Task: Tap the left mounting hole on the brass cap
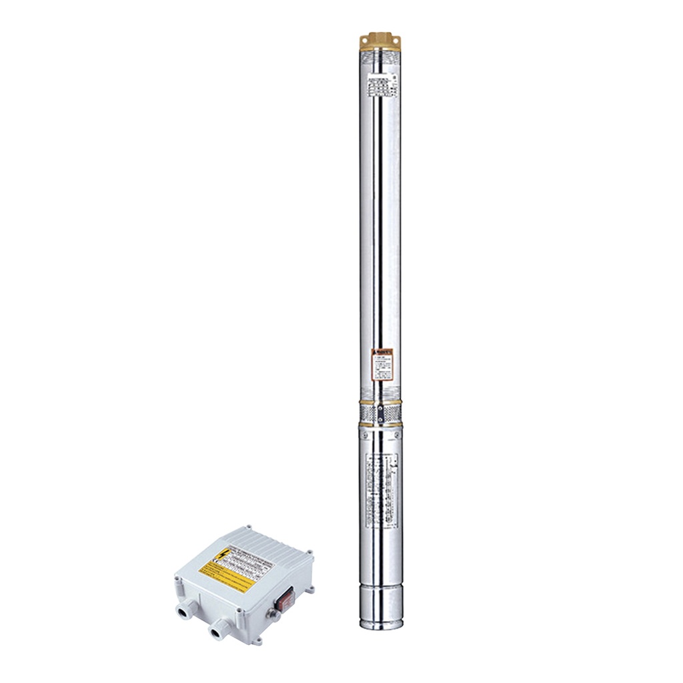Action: pyautogui.click(x=364, y=41)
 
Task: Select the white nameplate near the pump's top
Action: pyautogui.click(x=381, y=86)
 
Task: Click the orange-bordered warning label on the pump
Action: pyautogui.click(x=382, y=364)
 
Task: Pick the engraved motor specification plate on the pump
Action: pyautogui.click(x=381, y=484)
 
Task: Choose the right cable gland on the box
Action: pyautogui.click(x=217, y=630)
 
